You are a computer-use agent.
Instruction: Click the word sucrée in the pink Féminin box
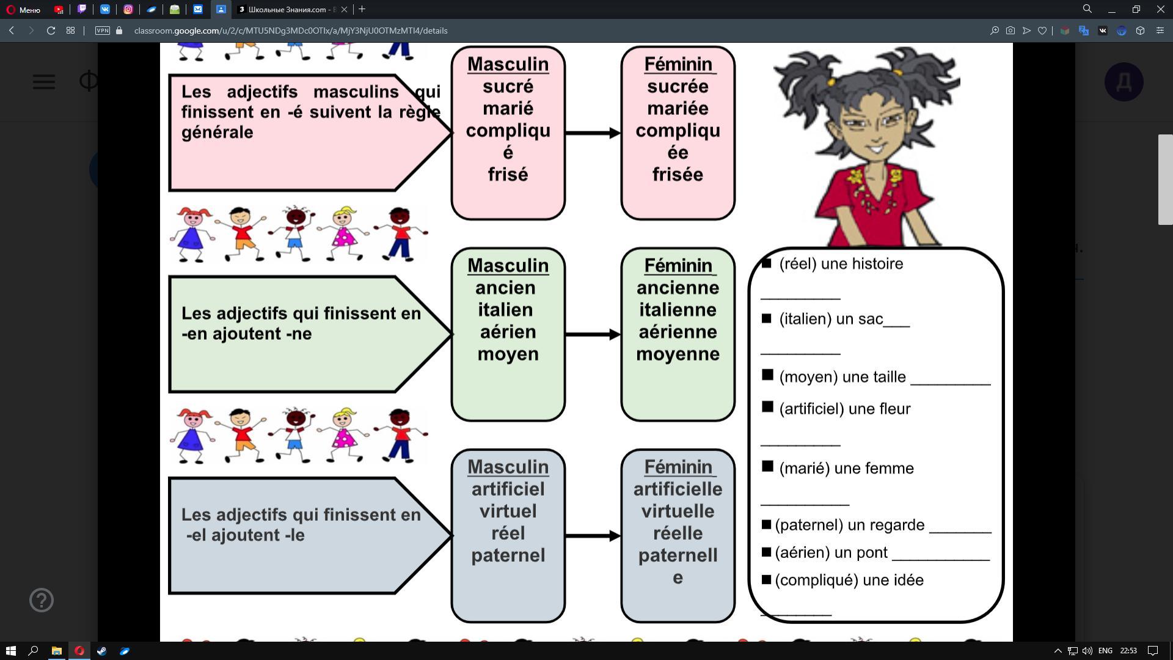(x=678, y=86)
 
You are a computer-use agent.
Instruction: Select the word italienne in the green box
(x=678, y=310)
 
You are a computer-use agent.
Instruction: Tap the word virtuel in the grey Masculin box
(x=508, y=511)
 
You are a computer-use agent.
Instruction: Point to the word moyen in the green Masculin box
(x=508, y=354)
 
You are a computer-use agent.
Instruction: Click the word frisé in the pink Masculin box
(x=508, y=174)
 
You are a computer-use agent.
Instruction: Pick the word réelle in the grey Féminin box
(x=678, y=533)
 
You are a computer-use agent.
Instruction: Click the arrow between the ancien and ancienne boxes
(x=593, y=334)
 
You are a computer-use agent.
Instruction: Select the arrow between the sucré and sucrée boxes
(x=593, y=133)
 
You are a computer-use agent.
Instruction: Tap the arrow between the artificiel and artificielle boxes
(x=593, y=536)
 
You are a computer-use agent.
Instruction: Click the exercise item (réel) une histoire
(x=841, y=264)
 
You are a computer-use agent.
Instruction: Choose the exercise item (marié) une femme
(x=846, y=469)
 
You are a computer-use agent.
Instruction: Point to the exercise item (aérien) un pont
(x=831, y=552)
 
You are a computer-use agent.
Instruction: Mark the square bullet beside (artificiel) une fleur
(x=768, y=407)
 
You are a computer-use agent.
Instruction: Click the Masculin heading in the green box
(x=508, y=266)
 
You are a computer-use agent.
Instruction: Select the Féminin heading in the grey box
(x=678, y=467)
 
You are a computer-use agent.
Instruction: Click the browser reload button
(x=51, y=31)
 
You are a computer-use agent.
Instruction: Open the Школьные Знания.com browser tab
(x=287, y=9)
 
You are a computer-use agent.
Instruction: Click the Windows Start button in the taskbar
(x=10, y=651)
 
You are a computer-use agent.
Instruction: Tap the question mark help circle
(x=42, y=600)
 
